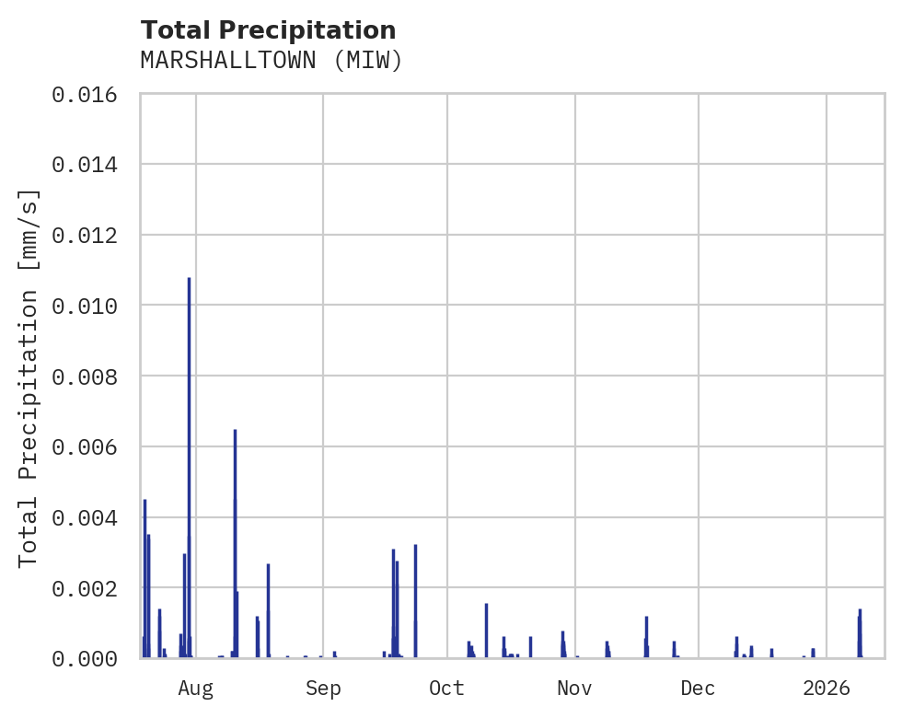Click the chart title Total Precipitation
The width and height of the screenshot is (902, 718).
[x=268, y=30]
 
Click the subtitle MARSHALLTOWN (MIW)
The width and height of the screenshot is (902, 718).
[x=272, y=61]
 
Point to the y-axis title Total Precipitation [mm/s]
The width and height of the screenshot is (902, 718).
[x=29, y=376]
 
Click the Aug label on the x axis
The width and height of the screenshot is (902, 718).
[x=195, y=688]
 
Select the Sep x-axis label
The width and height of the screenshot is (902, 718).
[x=323, y=688]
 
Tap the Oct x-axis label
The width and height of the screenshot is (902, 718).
[x=446, y=688]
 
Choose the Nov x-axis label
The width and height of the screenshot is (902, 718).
[x=573, y=688]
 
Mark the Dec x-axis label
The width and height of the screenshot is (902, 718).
[x=698, y=688]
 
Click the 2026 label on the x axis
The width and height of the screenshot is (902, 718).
[x=826, y=688]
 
